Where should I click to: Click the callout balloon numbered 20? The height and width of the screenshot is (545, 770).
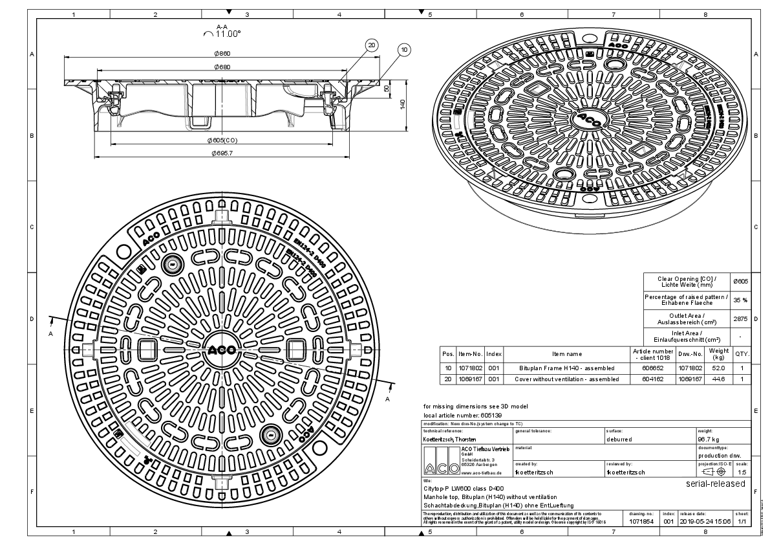(x=371, y=45)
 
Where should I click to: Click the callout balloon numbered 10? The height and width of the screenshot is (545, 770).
(x=404, y=49)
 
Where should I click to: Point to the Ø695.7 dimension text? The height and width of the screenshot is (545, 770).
(x=221, y=153)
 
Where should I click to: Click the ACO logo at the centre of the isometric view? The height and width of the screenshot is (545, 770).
(x=590, y=118)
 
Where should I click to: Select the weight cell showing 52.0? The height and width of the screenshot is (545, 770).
(x=718, y=368)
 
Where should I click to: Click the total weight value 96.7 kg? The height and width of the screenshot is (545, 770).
(x=709, y=438)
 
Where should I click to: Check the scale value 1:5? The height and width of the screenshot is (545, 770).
(x=743, y=472)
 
